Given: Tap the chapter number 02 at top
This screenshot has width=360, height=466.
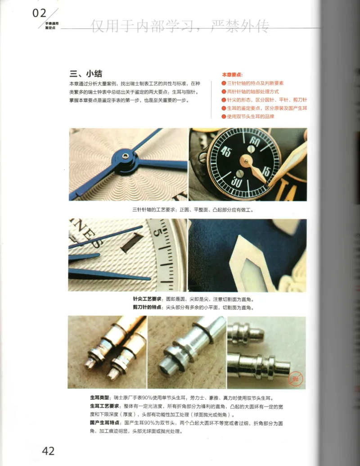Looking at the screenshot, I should pos(40,13).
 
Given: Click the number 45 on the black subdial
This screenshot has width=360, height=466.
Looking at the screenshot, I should pos(226,152).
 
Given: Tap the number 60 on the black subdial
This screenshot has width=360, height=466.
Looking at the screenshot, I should pos(255,141).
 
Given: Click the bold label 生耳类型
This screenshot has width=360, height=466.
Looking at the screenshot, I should pos(99,398).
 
